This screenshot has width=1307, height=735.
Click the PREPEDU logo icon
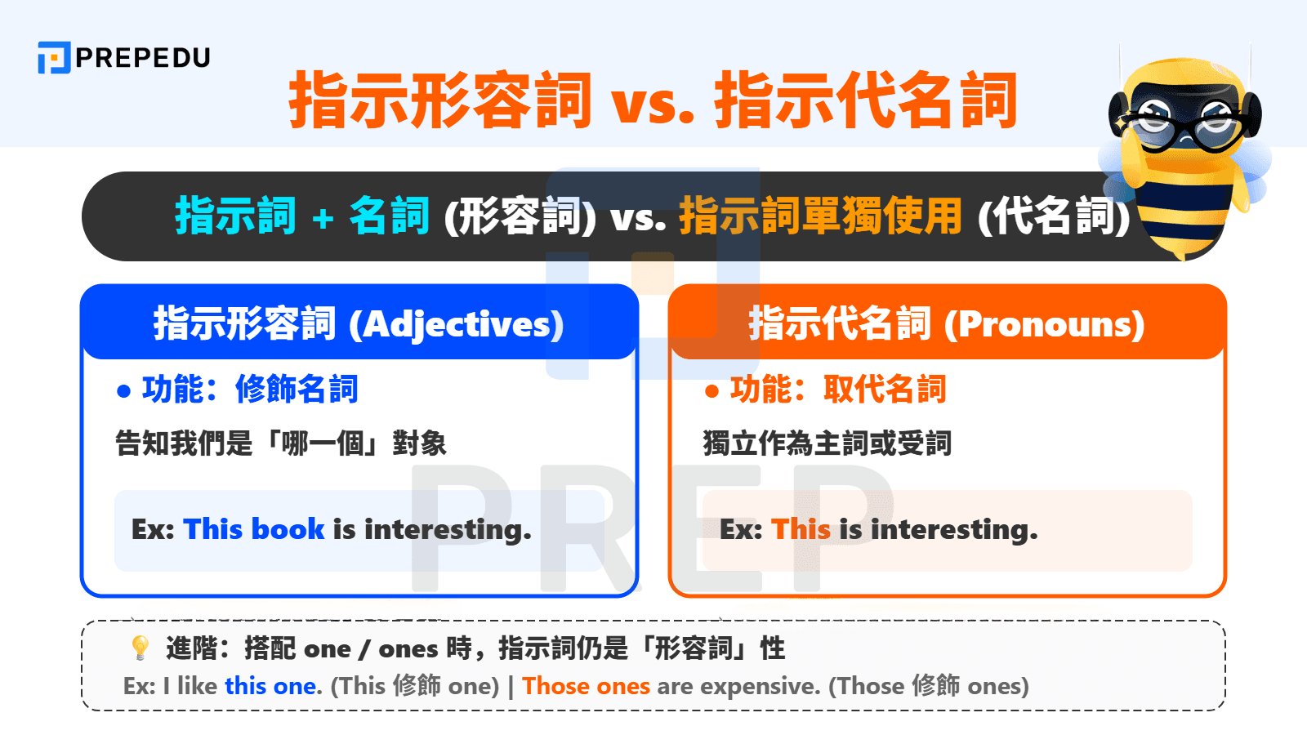click(x=54, y=58)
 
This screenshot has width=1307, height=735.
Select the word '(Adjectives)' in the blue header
click(x=456, y=324)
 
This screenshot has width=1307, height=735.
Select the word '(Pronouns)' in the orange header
click(x=1044, y=324)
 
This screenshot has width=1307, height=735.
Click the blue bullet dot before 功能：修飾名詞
click(x=124, y=391)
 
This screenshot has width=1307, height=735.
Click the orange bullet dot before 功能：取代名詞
click(x=711, y=391)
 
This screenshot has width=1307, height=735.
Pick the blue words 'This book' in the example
click(x=254, y=529)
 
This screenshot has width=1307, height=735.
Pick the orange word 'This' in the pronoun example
click(x=801, y=529)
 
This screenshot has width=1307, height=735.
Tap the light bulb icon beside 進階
click(x=141, y=648)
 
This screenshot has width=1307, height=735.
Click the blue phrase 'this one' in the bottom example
click(x=270, y=686)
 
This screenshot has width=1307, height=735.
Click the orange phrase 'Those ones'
click(x=586, y=686)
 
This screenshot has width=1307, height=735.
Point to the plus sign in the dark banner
click(x=323, y=217)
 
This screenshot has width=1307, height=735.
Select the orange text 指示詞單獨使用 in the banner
click(x=820, y=216)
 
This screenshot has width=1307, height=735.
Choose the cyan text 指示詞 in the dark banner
click(x=235, y=216)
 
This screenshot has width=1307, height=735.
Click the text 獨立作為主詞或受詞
click(x=827, y=443)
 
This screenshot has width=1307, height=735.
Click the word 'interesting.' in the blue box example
click(x=448, y=529)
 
